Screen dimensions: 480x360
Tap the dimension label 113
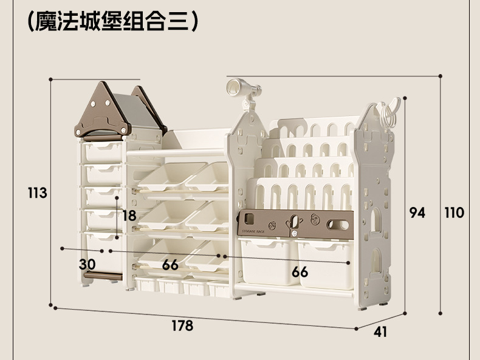tap(38, 193)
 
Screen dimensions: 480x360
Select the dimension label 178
tap(182, 326)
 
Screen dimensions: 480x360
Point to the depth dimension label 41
tap(380, 332)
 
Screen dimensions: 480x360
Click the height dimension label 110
tap(454, 212)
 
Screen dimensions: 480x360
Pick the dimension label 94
tap(417, 212)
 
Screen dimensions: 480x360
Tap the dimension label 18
tap(129, 216)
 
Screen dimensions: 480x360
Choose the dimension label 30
tap(87, 264)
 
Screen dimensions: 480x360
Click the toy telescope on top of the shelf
tap(243, 89)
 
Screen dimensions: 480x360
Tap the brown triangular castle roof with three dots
tap(101, 112)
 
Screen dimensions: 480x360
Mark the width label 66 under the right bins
tap(300, 272)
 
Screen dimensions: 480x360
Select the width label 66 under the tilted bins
tap(170, 265)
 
